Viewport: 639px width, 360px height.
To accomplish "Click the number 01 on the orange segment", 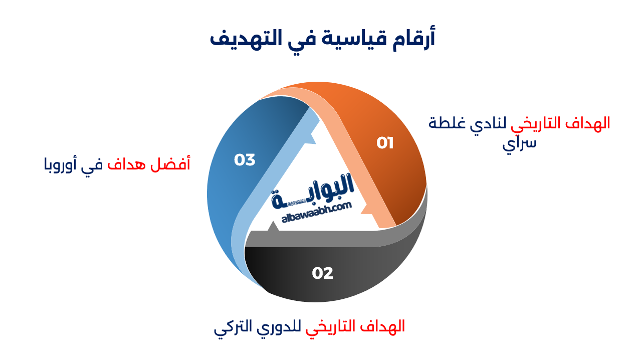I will click(385, 143).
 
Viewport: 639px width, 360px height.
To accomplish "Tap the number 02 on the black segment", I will click(322, 273).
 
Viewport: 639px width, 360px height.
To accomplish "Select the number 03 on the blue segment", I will click(245, 160).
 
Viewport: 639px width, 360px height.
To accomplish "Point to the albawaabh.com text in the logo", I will click(317, 213).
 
